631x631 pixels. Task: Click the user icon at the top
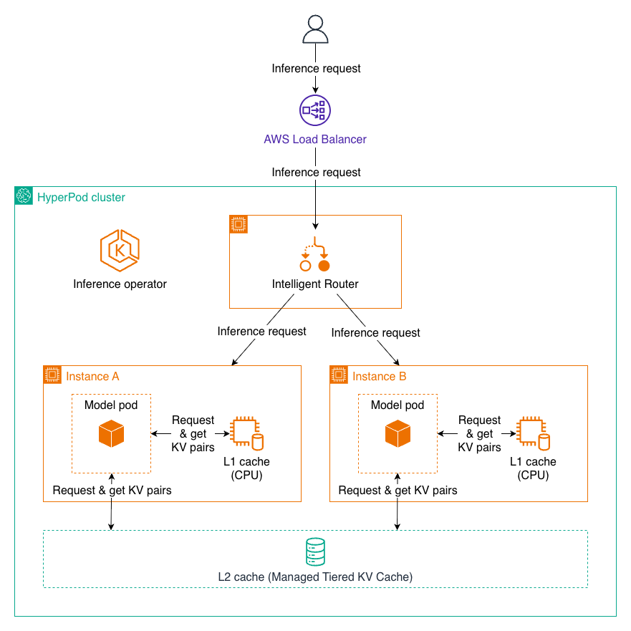pos(315,29)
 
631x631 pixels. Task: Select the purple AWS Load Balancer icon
pos(315,110)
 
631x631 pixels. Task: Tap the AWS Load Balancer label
pos(315,139)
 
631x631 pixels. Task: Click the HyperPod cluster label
pos(81,197)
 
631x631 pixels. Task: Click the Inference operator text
pos(120,284)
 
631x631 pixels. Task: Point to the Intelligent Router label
pos(315,284)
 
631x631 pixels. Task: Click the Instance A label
pos(92,376)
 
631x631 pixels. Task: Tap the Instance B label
pos(379,376)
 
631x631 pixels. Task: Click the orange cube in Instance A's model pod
pos(111,434)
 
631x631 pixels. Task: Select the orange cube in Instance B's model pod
pos(398,434)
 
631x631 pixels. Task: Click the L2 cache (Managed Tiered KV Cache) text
pos(315,577)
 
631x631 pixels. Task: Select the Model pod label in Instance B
pos(398,405)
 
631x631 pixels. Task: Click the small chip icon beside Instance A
pos(52,374)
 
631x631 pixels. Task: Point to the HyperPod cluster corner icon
pos(23,196)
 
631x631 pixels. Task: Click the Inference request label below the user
pos(316,69)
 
